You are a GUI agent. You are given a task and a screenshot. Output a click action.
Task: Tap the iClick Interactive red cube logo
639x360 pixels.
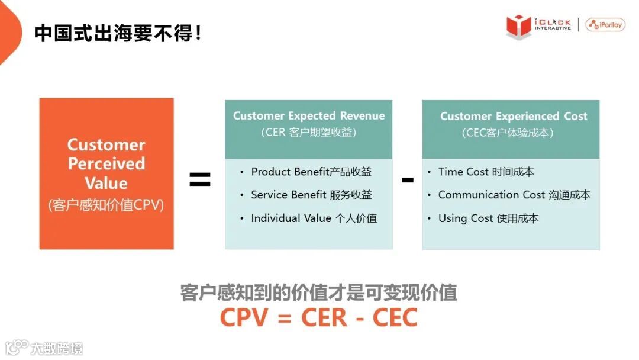pyautogui.click(x=518, y=26)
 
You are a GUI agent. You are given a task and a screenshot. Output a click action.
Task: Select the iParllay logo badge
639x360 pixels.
pyautogui.click(x=605, y=25)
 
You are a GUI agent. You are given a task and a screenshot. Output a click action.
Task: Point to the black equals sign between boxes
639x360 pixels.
pyautogui.click(x=200, y=179)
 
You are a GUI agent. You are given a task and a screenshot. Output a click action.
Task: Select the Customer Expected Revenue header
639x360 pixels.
pyautogui.click(x=309, y=116)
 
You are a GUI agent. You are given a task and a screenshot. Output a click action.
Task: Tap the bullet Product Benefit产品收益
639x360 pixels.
pyautogui.click(x=311, y=172)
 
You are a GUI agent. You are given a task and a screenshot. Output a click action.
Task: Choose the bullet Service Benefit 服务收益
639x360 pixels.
pyautogui.click(x=311, y=195)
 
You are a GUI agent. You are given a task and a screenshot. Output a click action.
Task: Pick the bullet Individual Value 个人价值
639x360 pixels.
pyautogui.click(x=314, y=218)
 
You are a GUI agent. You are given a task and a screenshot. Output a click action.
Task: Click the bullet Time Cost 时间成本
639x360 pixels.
pyautogui.click(x=486, y=172)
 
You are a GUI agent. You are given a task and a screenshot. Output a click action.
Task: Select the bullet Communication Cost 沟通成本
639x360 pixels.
pyautogui.click(x=514, y=195)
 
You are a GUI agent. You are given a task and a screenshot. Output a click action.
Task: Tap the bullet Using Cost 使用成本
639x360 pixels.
pyautogui.click(x=488, y=218)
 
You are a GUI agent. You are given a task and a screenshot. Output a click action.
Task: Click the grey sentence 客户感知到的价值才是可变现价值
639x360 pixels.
pyautogui.click(x=318, y=292)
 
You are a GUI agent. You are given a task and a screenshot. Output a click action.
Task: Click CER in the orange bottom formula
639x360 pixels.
pyautogui.click(x=324, y=317)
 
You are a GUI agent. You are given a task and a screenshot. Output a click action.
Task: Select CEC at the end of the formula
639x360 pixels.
pyautogui.click(x=395, y=317)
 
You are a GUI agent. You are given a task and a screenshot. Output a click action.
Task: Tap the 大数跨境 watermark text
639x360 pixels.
pyautogui.click(x=57, y=348)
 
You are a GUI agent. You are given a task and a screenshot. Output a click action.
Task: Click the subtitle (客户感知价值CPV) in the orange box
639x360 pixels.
pyautogui.click(x=106, y=205)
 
